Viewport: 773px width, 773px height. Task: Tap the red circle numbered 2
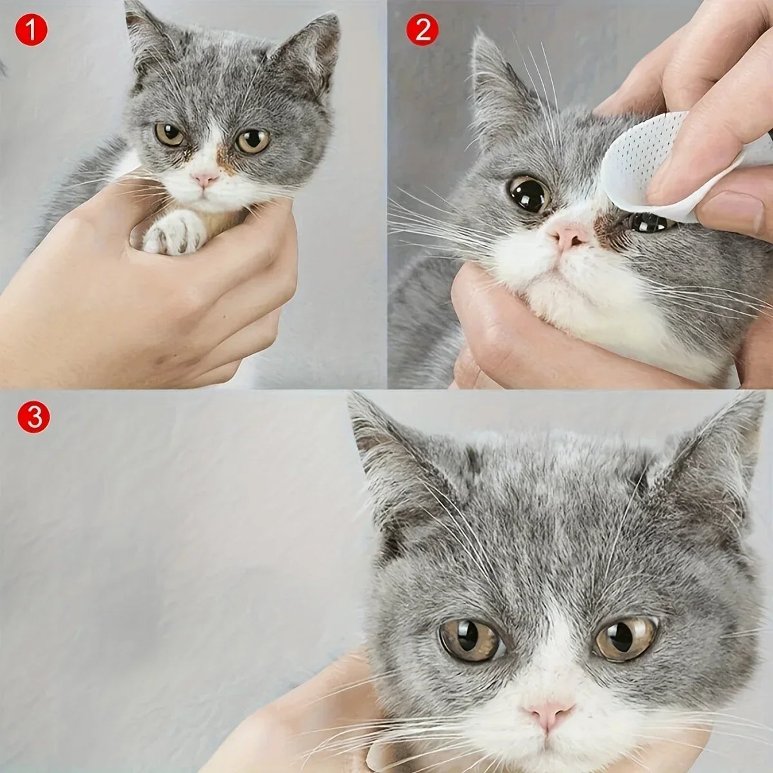(x=423, y=30)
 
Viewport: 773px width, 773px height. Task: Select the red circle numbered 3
(x=33, y=417)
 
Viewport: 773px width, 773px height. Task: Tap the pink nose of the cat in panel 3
(x=548, y=711)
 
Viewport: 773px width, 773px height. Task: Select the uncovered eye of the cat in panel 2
(x=528, y=193)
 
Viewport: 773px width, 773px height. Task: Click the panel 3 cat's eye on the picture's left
(x=471, y=640)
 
